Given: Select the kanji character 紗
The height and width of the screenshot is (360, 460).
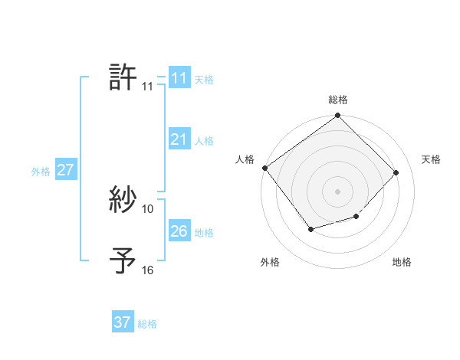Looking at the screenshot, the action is [123, 201].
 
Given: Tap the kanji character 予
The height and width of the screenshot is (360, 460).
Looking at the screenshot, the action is [123, 261].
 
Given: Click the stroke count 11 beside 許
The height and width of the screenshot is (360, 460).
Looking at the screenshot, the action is [147, 87].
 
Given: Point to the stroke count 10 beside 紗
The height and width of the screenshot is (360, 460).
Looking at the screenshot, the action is [148, 208].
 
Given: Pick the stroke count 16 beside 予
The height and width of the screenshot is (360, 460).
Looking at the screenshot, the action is [148, 270].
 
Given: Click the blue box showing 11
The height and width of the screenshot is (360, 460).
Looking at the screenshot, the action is [179, 78].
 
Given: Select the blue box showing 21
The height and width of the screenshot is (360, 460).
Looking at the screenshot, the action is [179, 139].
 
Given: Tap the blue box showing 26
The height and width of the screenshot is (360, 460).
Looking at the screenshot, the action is [179, 231].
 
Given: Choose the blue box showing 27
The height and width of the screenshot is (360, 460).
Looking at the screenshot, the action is [65, 170].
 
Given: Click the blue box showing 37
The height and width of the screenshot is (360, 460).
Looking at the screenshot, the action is [122, 322].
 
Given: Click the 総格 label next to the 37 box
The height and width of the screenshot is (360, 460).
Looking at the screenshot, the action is [147, 324].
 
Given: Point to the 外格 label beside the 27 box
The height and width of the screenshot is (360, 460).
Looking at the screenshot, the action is [41, 172].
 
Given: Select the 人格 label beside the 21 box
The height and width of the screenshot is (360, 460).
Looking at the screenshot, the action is [204, 141].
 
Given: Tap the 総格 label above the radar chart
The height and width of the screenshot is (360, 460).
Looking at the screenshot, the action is [338, 100].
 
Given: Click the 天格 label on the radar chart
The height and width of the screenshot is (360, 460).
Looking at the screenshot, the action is [432, 159].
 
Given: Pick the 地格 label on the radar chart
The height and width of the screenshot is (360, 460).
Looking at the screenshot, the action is [402, 262].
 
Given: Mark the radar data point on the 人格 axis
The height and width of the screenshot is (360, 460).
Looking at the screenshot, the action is [264, 168].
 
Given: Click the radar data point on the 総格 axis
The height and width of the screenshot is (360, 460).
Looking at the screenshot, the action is [338, 116].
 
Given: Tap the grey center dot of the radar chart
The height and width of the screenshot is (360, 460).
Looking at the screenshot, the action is [338, 191].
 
